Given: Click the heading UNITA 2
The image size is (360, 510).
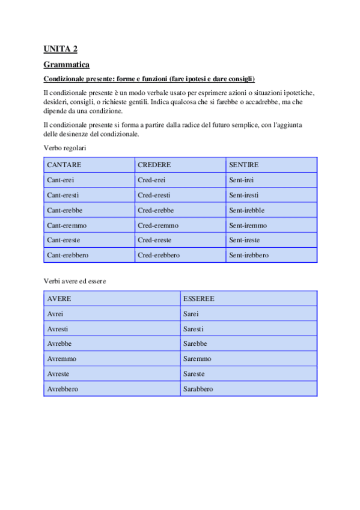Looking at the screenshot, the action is [x=60, y=49].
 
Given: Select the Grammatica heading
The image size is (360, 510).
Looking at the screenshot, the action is [x=66, y=64].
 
